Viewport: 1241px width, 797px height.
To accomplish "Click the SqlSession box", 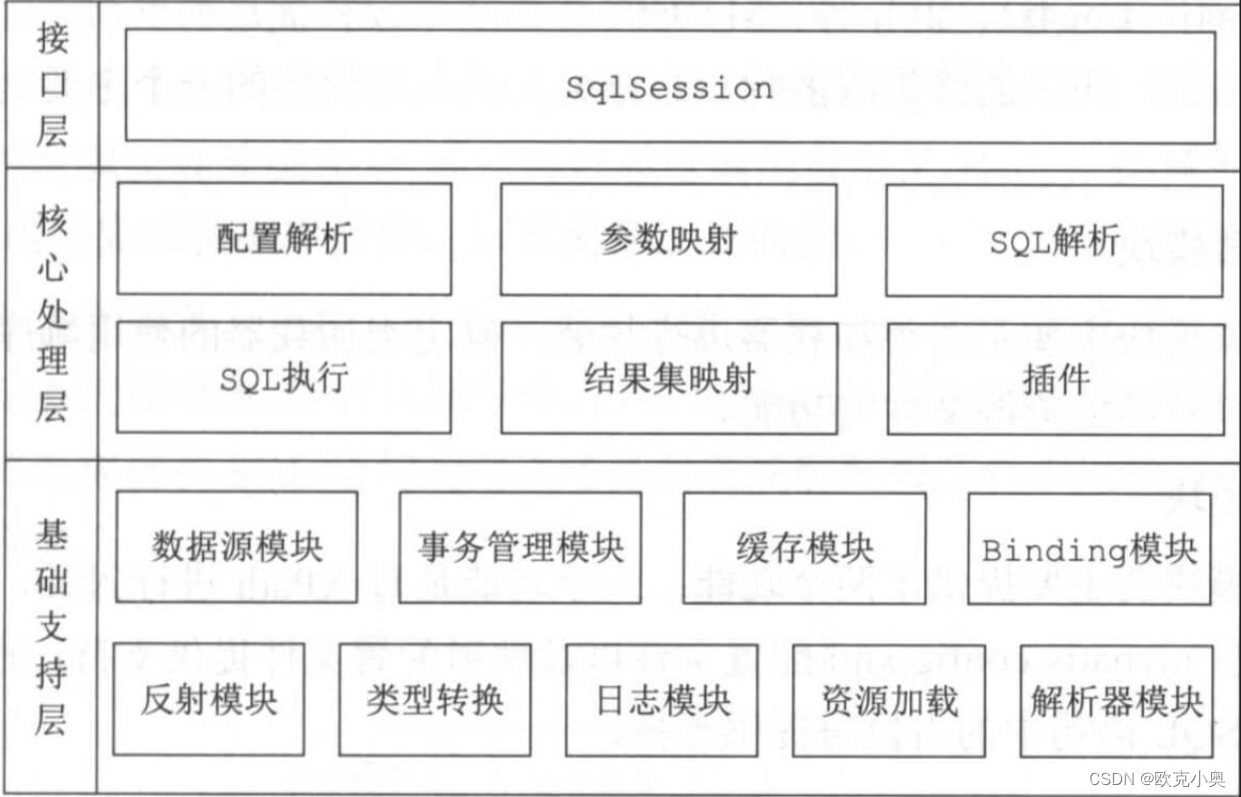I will (669, 87).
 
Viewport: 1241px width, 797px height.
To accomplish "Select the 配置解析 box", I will (284, 239).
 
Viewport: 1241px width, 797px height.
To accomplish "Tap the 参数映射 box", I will (667, 239).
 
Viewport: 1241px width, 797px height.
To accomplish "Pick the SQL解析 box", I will (1053, 241).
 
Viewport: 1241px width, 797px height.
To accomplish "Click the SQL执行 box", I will (284, 378).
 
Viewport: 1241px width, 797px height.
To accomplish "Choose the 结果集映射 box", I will (667, 379).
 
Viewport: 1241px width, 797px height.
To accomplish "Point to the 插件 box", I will (1055, 379).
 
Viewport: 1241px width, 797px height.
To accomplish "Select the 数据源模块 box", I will (237, 546).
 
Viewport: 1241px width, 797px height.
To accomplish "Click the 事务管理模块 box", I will (520, 546).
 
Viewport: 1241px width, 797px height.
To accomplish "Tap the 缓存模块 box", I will (804, 547).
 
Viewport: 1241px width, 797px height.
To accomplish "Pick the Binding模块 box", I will (1089, 548).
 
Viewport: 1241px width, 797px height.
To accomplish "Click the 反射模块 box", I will (208, 699).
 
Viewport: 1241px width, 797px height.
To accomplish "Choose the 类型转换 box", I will (435, 699).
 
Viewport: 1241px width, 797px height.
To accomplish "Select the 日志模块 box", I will (661, 699).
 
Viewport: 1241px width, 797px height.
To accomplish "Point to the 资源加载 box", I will (888, 699).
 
